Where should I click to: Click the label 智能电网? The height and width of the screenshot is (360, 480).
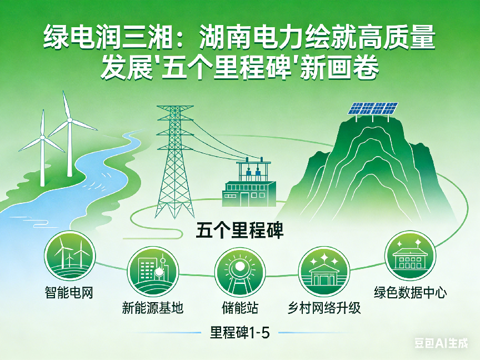pos(69,293)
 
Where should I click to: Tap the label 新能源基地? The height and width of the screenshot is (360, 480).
pos(152,308)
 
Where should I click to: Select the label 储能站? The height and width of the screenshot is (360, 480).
pos(240,308)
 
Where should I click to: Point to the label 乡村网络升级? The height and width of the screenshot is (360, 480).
pos(324,308)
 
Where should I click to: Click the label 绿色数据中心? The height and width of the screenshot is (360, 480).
pos(410,293)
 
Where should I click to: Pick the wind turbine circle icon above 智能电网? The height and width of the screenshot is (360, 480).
pos(70,256)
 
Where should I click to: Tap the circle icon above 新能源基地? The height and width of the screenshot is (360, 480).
pos(153,272)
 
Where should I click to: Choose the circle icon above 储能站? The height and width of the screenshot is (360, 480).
pos(239,272)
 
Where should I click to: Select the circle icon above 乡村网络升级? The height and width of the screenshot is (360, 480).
pos(324,272)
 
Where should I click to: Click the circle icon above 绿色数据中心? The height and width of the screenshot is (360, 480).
pos(410,256)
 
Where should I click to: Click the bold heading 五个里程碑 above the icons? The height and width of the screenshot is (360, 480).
pos(239,230)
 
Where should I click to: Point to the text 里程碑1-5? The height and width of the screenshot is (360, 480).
pos(239,333)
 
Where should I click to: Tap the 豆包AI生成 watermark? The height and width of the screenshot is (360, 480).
pos(441,343)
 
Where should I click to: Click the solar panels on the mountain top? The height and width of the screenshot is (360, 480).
pos(373,108)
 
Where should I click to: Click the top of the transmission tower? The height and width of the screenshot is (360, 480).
pos(175,107)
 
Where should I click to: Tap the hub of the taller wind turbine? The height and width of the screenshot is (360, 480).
pos(69,120)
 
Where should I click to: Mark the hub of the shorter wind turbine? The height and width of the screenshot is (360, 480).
pos(43,138)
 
